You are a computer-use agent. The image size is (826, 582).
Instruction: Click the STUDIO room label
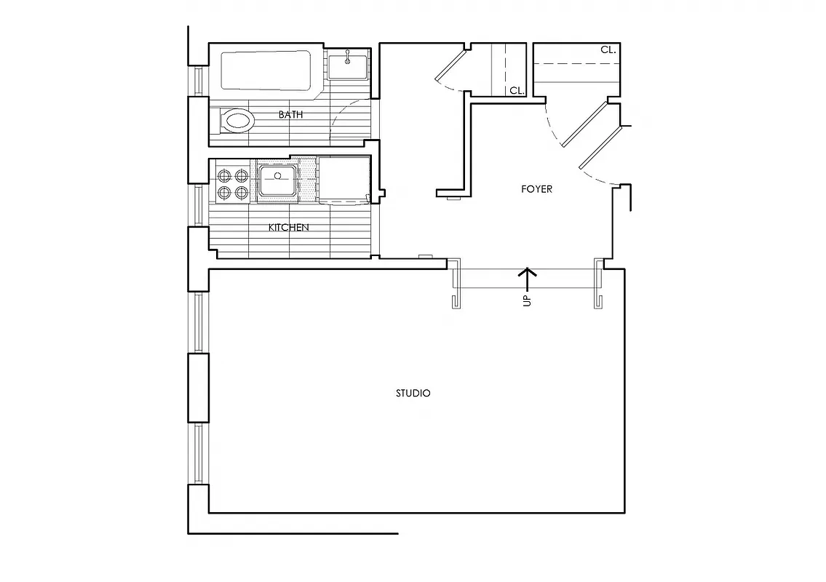(x=413, y=393)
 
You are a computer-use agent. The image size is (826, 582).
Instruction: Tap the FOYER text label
(x=536, y=189)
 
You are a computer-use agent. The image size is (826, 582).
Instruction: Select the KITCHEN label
(x=289, y=228)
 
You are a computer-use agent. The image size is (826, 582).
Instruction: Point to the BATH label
(x=290, y=114)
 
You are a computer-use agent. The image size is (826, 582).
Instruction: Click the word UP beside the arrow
(x=527, y=300)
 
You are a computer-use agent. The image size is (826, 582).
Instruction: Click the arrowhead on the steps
(x=527, y=273)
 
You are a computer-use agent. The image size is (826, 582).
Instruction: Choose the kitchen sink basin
(x=277, y=180)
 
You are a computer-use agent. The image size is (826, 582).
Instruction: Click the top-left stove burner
(x=224, y=175)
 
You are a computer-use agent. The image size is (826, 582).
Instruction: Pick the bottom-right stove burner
(x=241, y=192)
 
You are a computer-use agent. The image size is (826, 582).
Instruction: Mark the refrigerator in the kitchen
(x=345, y=178)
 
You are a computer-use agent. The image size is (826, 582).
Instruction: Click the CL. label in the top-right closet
(x=608, y=50)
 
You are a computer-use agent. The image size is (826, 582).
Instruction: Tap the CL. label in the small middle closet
(x=517, y=91)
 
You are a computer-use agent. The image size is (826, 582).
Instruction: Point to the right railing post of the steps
(x=599, y=284)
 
